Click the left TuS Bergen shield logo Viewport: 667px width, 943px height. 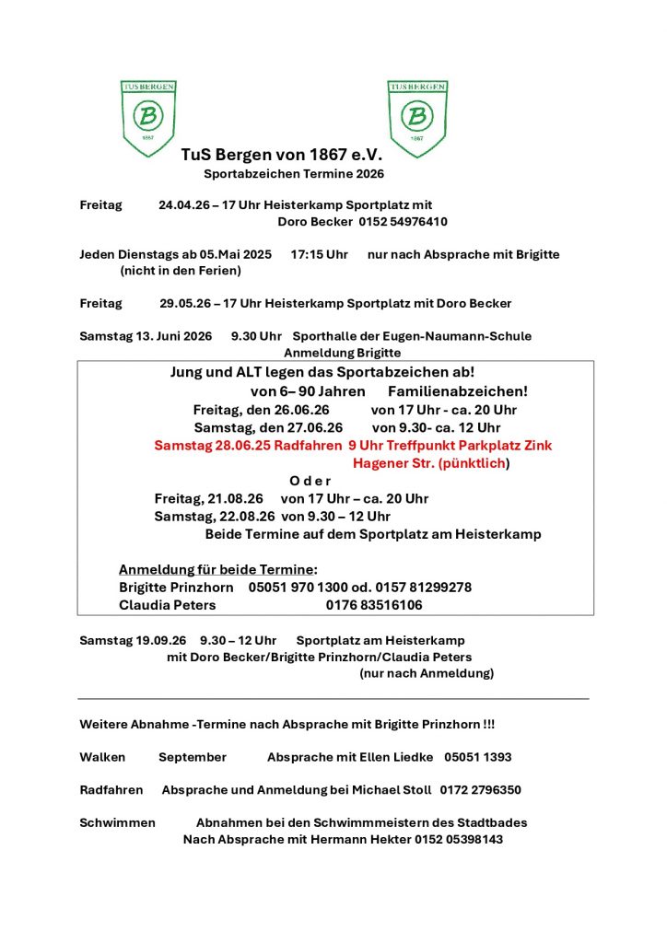[148, 117]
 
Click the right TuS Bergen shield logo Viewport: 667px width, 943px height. [417, 117]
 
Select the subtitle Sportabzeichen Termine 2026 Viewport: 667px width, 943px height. [294, 173]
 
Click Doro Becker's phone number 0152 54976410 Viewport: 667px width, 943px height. [397, 222]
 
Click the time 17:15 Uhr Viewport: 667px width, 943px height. [319, 254]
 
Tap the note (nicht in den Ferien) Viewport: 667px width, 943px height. [181, 271]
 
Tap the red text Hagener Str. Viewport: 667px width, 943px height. [383, 463]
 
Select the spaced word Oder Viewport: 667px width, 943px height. [310, 481]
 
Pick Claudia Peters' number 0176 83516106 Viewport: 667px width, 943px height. [374, 605]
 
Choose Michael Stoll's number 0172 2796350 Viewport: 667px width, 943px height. [480, 790]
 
